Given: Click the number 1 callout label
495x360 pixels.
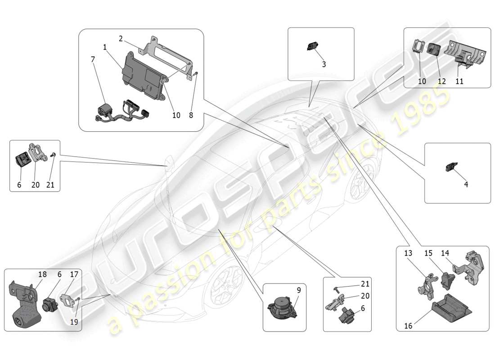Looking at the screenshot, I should [104, 47].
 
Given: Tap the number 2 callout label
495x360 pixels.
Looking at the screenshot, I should [121, 39].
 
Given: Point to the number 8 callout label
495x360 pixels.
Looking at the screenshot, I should [191, 115].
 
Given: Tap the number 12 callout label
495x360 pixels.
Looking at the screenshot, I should [442, 81].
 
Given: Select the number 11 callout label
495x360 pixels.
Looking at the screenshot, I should [459, 81].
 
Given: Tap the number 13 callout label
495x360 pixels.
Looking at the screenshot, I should [408, 253].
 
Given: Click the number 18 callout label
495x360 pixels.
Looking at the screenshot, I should [42, 274].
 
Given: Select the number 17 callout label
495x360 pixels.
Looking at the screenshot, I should [74, 274].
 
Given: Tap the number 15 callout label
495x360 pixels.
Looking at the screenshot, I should [428, 253].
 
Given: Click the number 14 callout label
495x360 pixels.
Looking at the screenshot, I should [445, 253].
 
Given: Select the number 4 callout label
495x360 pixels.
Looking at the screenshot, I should [466, 184].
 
